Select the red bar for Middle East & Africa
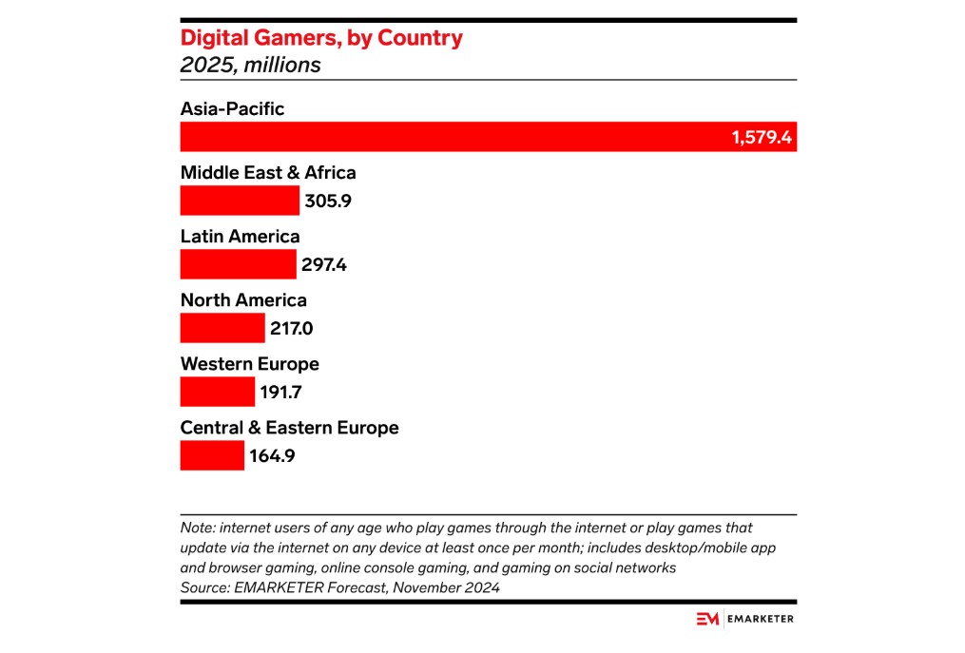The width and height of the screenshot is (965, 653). click(x=240, y=201)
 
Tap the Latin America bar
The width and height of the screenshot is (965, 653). click(x=238, y=264)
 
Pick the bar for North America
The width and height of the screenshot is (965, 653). click(x=222, y=328)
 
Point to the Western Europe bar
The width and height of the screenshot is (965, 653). click(x=218, y=392)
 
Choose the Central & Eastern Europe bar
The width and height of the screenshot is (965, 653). click(x=212, y=455)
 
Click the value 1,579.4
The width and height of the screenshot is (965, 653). click(x=762, y=138)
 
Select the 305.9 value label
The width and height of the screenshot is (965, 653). click(x=328, y=202)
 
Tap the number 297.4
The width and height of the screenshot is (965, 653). click(x=324, y=265)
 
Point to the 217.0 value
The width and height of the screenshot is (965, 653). click(x=292, y=329)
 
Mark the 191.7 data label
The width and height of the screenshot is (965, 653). click(x=282, y=393)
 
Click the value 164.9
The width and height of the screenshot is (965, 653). click(x=272, y=456)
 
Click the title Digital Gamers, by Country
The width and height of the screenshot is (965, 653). click(x=321, y=38)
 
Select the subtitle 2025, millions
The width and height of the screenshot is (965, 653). click(x=250, y=66)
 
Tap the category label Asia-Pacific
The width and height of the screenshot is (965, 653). click(x=232, y=109)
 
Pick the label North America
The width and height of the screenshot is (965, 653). click(x=243, y=300)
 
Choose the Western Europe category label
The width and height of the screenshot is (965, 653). click(x=249, y=364)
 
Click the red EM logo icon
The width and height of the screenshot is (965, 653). click(x=707, y=619)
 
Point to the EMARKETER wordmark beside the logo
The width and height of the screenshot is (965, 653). click(x=760, y=619)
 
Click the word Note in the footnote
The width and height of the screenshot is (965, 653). click(x=197, y=528)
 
